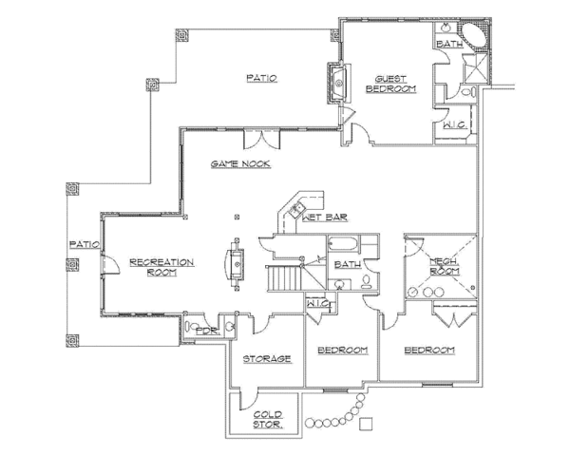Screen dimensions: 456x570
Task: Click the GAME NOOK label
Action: pos(241,164)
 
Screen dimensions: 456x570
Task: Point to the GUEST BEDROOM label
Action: pos(396,84)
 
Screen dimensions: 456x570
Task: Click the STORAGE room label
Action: pos(266,358)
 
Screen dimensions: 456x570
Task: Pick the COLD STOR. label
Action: pos(268,418)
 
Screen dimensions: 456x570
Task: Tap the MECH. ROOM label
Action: pos(444,266)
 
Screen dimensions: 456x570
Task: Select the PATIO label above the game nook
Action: pos(261,78)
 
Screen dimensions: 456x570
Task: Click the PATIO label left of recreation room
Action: pos(84,244)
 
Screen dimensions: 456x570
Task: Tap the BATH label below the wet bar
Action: pos(346,265)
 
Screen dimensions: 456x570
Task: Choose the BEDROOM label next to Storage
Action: pos(342,351)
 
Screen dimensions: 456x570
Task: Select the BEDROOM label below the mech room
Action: pos(429,351)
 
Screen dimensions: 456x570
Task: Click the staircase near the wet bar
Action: pos(282,277)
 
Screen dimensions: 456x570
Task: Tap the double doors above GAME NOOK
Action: pos(260,140)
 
